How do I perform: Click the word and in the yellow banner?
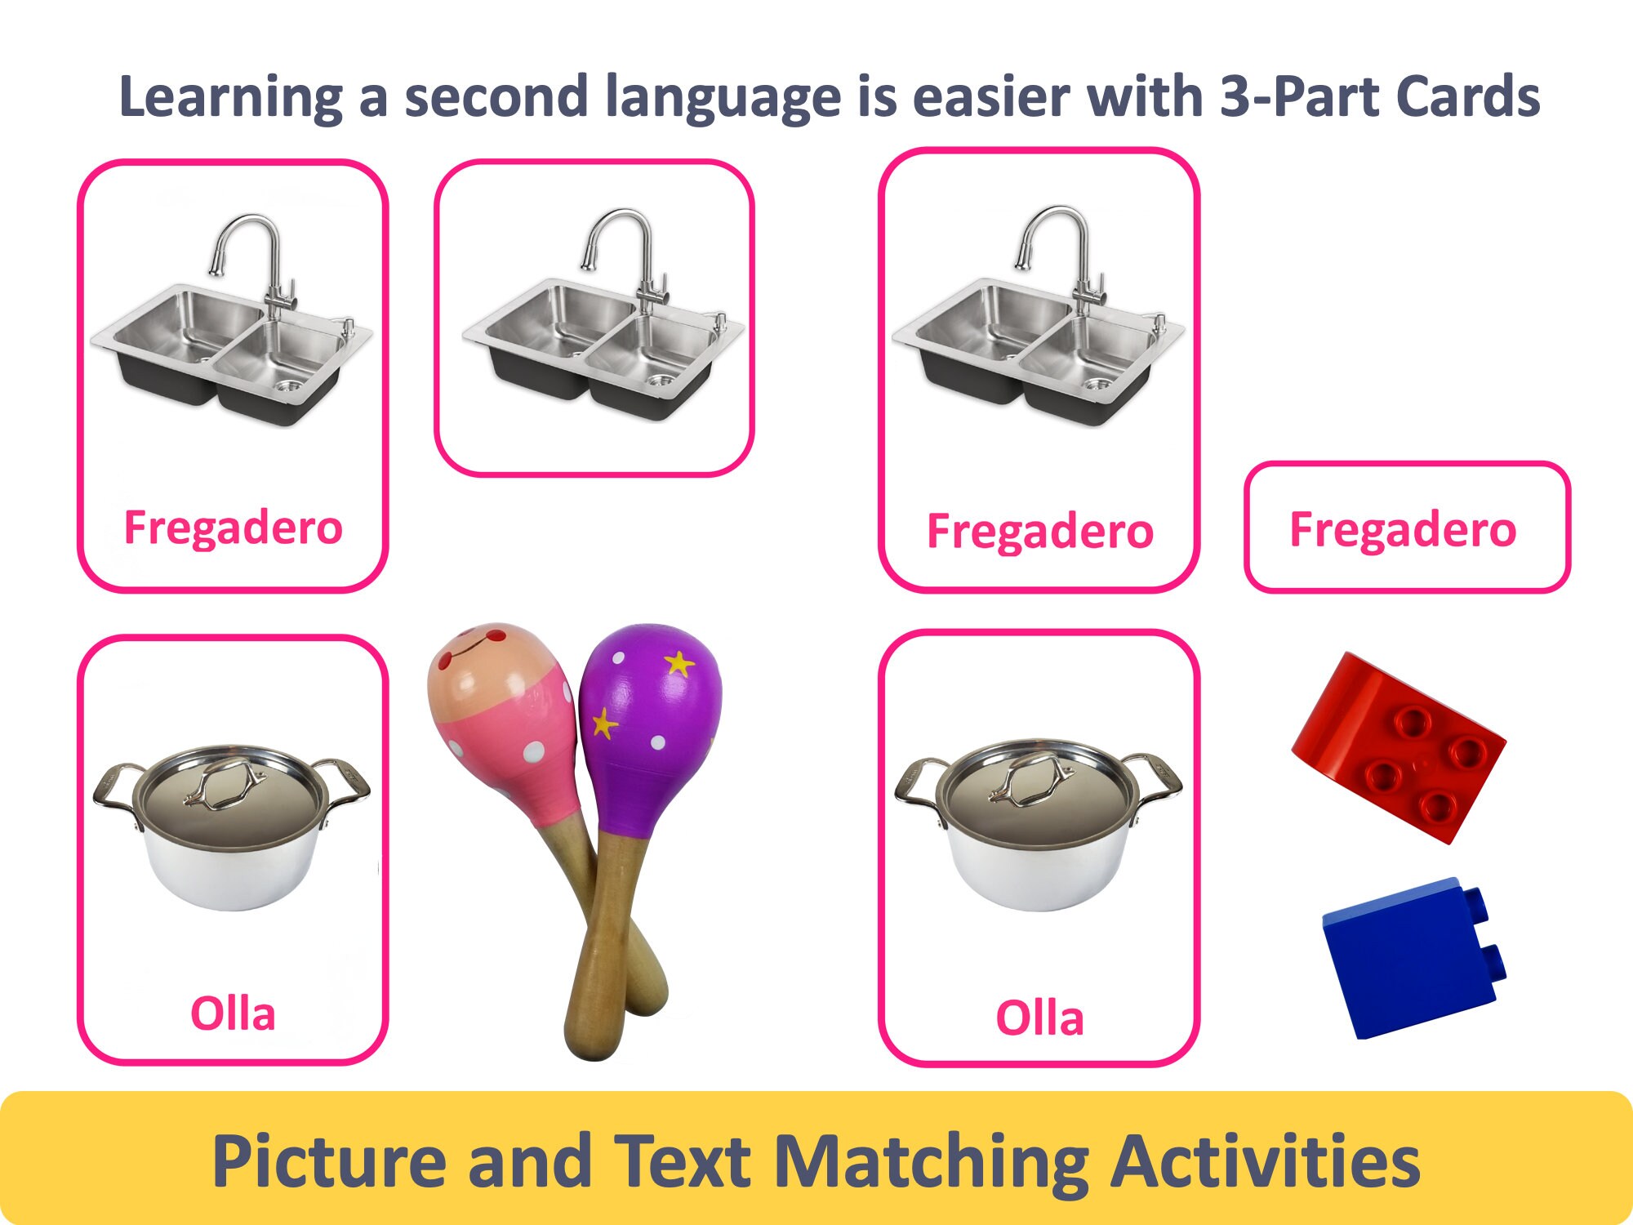tap(530, 1161)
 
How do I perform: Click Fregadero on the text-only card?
tap(1403, 529)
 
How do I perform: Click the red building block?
tap(1399, 746)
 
